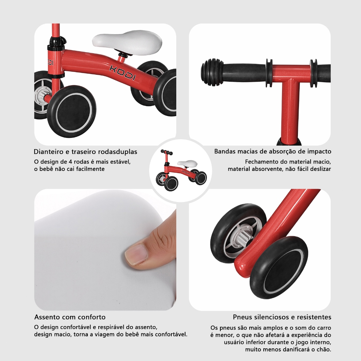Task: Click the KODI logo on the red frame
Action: [122, 73]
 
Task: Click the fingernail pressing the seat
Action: [136, 254]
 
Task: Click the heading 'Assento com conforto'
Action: [70, 317]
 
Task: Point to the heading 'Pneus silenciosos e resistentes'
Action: [282, 317]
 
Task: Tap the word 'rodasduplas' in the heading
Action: [118, 152]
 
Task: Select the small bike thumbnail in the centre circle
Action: [181, 170]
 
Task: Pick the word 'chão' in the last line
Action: [324, 349]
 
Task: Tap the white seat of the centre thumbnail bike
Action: [190, 163]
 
